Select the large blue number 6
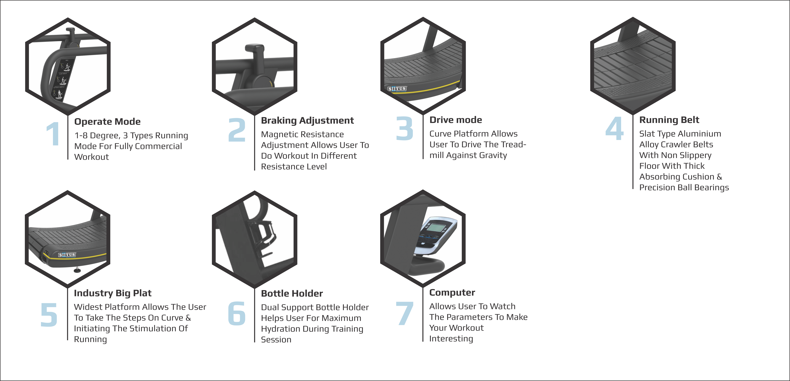point(237,313)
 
